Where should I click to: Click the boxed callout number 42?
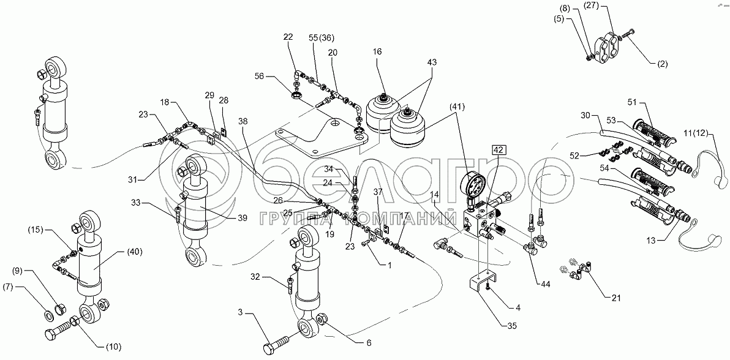point(498,149)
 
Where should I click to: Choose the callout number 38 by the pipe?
point(244,121)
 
